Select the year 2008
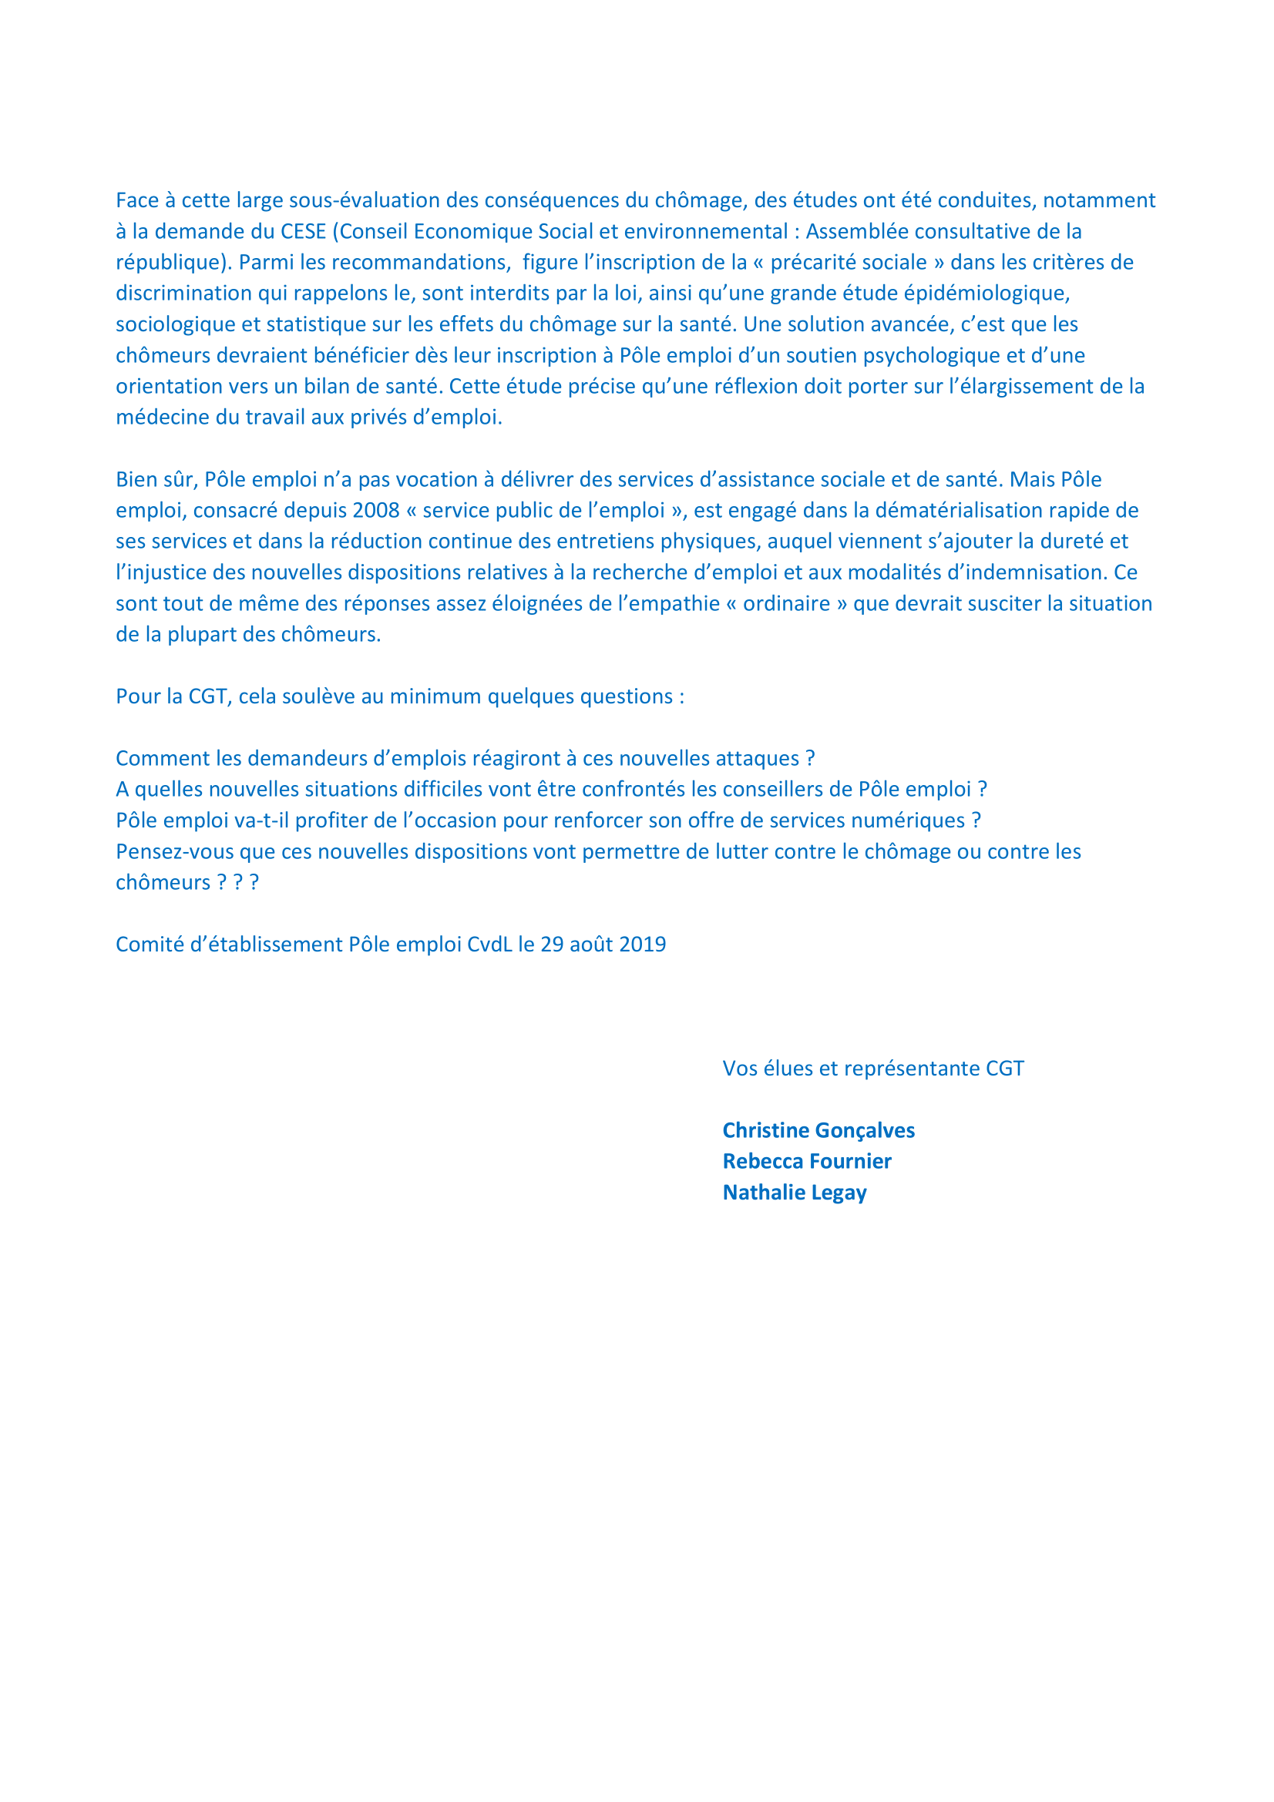coord(376,510)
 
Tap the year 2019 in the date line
coord(642,945)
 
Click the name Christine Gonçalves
coord(818,1130)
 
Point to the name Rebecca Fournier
coord(806,1161)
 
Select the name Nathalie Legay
coord(794,1192)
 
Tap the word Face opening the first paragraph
coord(137,200)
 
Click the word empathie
coord(679,603)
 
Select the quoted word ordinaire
coord(787,603)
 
